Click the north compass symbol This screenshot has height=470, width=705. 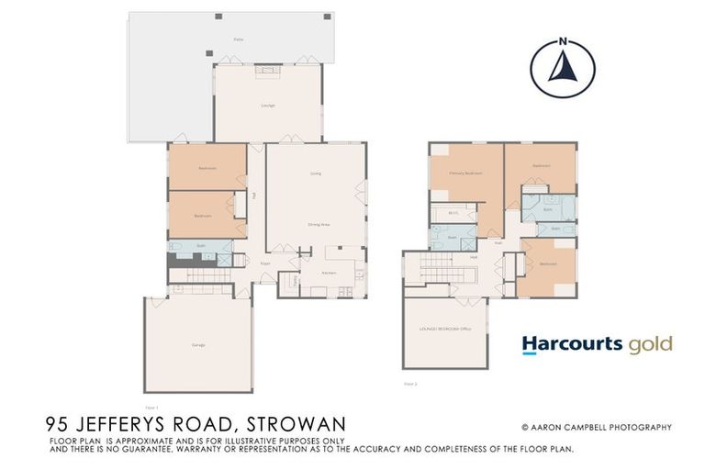tap(562, 65)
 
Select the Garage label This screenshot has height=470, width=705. tap(197, 344)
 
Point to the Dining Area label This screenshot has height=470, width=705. tap(318, 223)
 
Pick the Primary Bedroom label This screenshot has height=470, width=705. tap(465, 173)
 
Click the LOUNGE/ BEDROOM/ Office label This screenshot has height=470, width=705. tap(444, 328)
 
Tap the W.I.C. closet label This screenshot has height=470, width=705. tap(453, 213)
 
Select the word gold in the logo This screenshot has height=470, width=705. tap(651, 344)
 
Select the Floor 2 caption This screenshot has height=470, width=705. tap(410, 383)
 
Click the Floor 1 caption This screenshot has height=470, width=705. tap(152, 407)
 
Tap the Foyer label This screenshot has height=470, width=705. tap(265, 263)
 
